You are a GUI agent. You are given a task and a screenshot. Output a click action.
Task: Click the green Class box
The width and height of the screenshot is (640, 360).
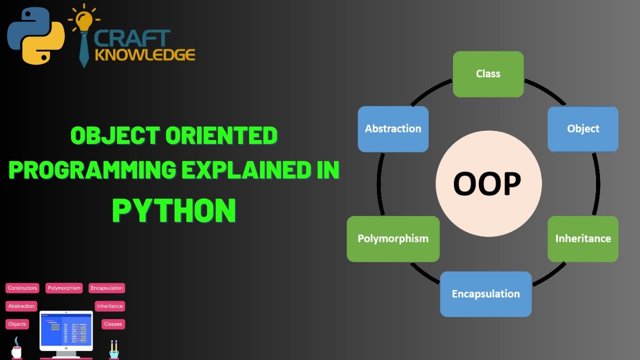pyautogui.click(x=488, y=74)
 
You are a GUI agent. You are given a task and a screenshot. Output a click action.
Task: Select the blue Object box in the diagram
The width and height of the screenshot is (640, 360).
pyautogui.click(x=583, y=129)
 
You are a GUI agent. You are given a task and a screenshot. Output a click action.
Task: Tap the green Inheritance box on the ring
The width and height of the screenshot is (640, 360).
pyautogui.click(x=583, y=238)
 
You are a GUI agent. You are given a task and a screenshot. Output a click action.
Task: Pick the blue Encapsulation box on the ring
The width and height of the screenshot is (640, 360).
pyautogui.click(x=485, y=294)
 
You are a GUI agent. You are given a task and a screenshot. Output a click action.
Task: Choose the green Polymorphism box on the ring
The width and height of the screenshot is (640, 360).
pyautogui.click(x=393, y=238)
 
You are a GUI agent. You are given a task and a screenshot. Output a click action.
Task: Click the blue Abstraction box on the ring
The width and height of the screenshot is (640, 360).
pyautogui.click(x=393, y=129)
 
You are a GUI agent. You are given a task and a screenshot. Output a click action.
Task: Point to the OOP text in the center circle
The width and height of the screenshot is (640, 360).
pyautogui.click(x=487, y=184)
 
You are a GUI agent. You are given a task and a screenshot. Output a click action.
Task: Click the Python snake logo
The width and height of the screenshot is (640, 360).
pyautogui.click(x=35, y=36)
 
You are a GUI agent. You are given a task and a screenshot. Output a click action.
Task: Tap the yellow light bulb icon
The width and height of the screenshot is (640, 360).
pyautogui.click(x=84, y=20)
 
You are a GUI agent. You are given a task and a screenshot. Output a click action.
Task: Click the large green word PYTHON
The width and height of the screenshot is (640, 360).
pyautogui.click(x=174, y=210)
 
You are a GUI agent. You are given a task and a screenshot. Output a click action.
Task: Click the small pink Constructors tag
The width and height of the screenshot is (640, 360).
pyautogui.click(x=22, y=288)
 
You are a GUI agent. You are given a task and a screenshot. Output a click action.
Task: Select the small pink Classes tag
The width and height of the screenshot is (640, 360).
pyautogui.click(x=112, y=324)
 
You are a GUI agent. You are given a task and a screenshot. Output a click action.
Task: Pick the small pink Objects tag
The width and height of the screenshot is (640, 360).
pyautogui.click(x=17, y=324)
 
